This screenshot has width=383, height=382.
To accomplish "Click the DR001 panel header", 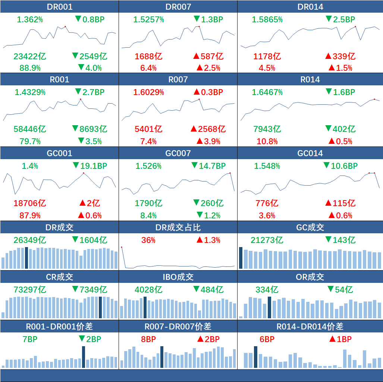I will (60, 7).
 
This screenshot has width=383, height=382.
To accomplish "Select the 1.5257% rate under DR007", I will (148, 19).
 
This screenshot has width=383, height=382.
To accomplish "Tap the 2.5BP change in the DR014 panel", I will (340, 19).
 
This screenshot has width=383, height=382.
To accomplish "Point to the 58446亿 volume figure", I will (30, 129).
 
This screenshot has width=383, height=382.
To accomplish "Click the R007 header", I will (178, 79).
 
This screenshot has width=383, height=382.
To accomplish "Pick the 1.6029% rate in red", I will (148, 92).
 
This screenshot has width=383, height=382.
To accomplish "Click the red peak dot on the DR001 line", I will (65, 26).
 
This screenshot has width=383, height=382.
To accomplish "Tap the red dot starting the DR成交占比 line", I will (122, 247).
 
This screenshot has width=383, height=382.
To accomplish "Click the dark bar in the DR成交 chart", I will (26, 258).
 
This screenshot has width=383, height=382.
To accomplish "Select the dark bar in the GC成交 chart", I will (241, 258).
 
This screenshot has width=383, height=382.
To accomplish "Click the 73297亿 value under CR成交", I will (30, 290).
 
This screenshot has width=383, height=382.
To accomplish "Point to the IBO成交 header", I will (178, 277).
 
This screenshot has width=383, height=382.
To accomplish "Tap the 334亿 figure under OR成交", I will (267, 290).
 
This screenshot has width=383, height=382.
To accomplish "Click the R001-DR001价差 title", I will (60, 326).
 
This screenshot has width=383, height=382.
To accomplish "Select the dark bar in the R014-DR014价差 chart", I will (255, 357).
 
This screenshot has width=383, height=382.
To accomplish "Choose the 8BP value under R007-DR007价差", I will (148, 339).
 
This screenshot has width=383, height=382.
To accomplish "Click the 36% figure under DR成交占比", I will (148, 240).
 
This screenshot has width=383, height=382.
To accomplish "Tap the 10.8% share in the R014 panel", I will (267, 141).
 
